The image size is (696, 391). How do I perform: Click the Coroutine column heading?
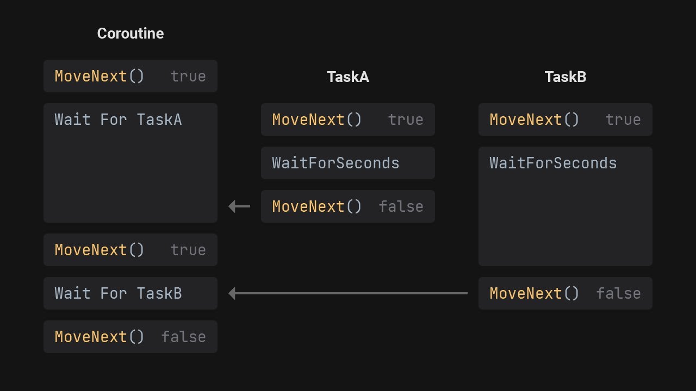point(130,34)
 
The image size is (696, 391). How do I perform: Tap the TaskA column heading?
point(348,77)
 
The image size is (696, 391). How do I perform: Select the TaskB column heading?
point(565,77)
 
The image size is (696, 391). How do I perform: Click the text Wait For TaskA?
point(118,119)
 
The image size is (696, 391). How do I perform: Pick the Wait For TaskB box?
point(130,293)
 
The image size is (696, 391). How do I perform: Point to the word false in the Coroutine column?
point(183,337)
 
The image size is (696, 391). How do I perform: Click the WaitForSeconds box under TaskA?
point(348,163)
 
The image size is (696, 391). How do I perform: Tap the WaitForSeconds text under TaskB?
point(553,163)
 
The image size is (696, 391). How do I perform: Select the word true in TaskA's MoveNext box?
point(406,119)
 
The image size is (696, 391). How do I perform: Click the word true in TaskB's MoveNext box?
point(623,119)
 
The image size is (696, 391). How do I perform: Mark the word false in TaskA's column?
point(401,206)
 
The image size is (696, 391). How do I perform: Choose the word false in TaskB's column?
point(618,293)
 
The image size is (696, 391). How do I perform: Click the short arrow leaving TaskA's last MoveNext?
point(239,206)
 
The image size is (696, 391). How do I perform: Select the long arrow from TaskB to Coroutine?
point(348,293)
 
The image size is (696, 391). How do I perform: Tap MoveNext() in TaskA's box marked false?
point(317,206)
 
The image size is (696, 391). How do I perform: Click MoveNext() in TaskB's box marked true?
point(535,119)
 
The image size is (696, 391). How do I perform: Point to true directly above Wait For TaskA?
point(188,76)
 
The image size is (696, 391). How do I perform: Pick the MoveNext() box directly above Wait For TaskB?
point(130,250)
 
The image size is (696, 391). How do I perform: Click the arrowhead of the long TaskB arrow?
point(232,293)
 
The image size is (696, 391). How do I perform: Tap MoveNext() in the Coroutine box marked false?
point(100,337)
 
